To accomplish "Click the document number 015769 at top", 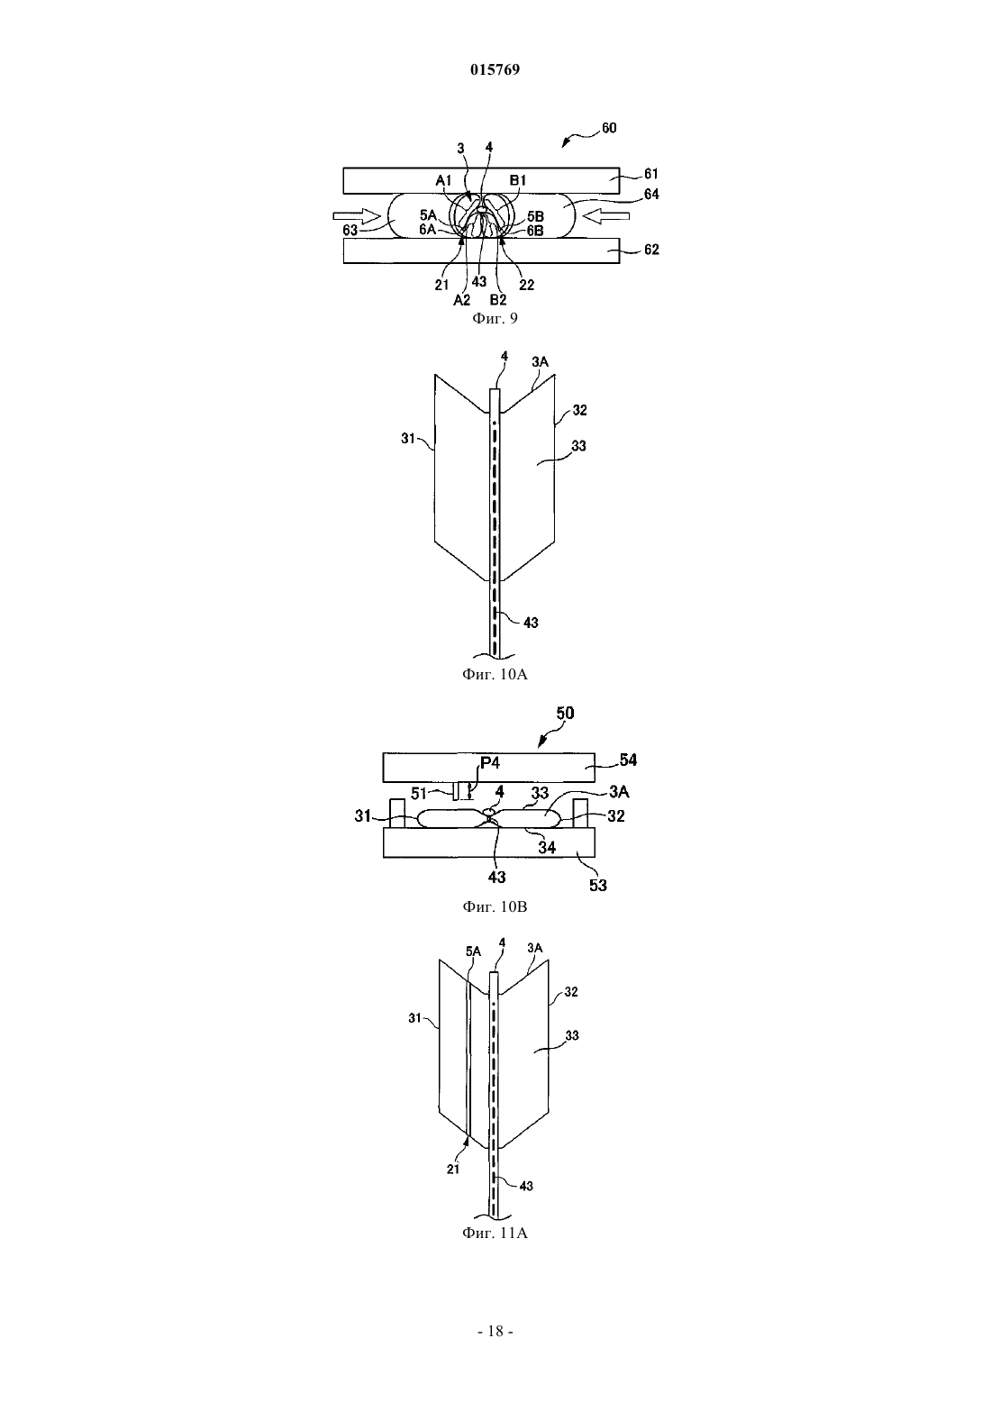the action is click(495, 69).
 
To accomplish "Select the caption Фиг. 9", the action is click(495, 319).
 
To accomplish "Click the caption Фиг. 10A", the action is click(495, 674).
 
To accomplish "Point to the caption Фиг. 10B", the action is click(495, 906).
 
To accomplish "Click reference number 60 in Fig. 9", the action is click(609, 128).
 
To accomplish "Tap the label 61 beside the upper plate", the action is click(651, 174).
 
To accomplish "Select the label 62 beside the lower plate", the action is click(651, 249).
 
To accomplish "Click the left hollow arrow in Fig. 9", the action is click(357, 216).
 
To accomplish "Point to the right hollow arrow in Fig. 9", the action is click(605, 216).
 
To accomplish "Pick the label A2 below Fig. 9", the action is click(461, 300).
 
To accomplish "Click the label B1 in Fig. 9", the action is click(517, 181).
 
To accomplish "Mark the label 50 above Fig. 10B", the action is click(565, 713).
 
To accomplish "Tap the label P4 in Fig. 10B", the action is click(490, 763).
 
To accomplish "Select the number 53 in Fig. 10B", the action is click(598, 885).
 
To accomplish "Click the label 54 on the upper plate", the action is click(628, 760).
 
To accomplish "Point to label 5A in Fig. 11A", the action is click(473, 951).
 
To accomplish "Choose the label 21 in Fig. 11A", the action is click(453, 1169).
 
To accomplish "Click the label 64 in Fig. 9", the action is click(651, 194).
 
